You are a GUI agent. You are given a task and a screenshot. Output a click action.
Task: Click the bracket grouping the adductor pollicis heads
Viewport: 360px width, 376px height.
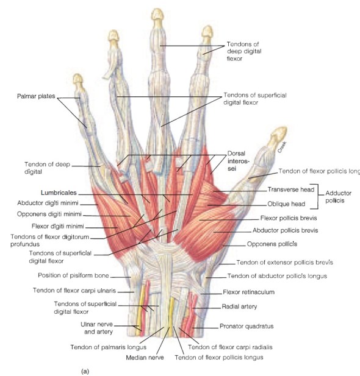319,196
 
